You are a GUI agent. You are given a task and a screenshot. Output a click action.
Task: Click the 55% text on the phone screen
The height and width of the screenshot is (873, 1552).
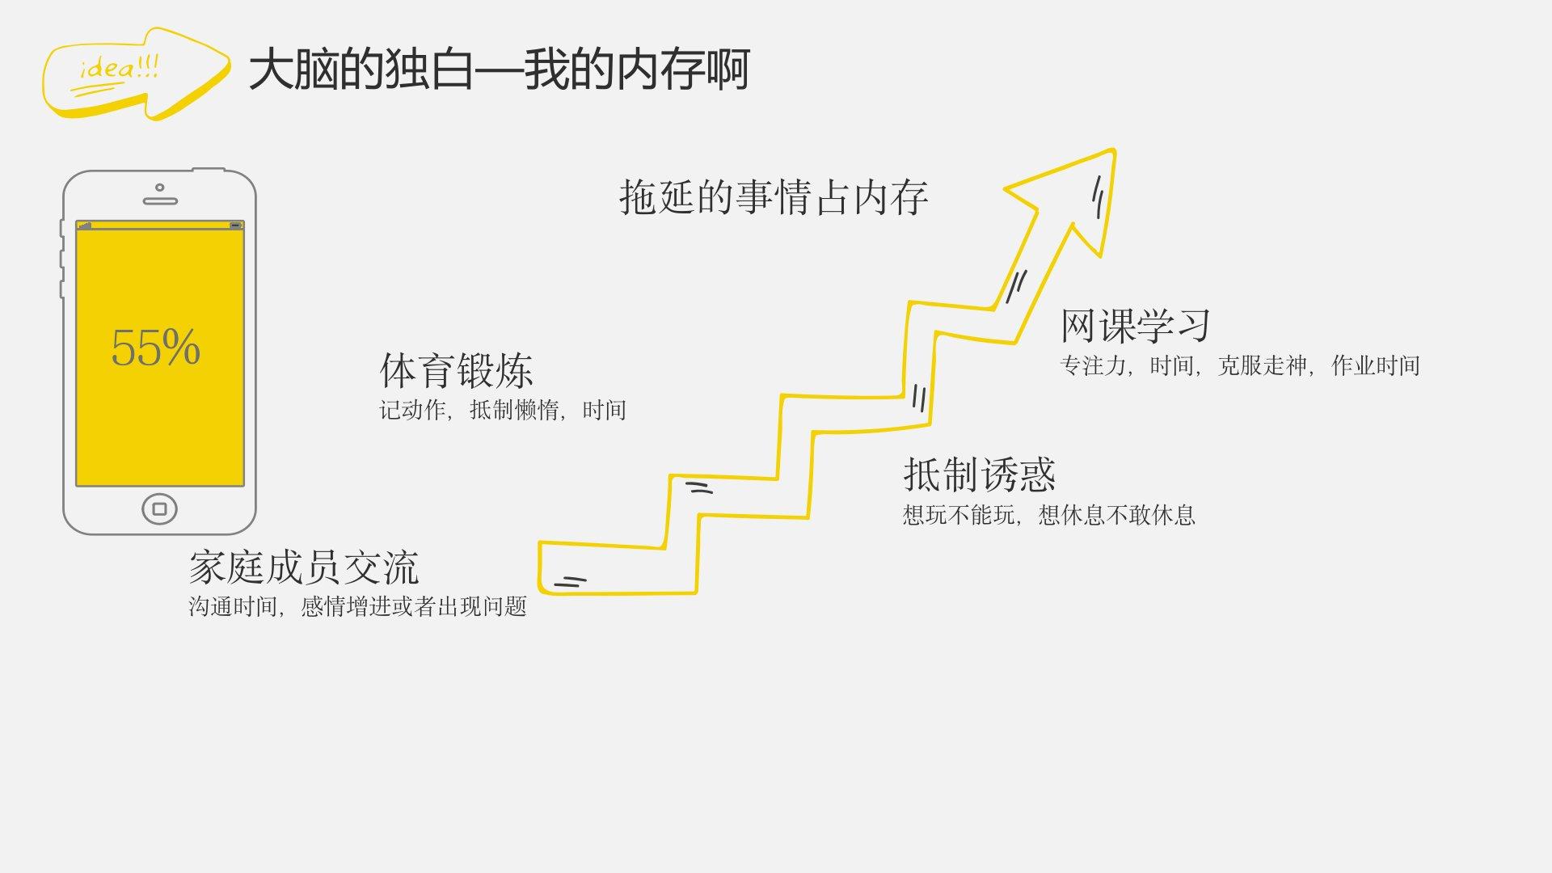[x=155, y=348]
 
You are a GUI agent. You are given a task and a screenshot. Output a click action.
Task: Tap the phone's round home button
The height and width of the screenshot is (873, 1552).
[x=159, y=508]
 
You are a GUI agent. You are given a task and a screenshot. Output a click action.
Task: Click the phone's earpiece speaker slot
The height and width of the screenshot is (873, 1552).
[x=159, y=200]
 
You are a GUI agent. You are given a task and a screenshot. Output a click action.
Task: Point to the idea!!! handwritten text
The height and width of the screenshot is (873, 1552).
[x=119, y=69]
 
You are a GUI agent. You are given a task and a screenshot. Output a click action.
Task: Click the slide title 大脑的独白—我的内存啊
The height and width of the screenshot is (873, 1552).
[x=499, y=70]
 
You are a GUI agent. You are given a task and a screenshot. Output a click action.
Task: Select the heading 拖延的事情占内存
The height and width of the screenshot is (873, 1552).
[x=774, y=198]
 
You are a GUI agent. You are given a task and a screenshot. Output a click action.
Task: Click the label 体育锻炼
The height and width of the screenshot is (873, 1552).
[x=456, y=371]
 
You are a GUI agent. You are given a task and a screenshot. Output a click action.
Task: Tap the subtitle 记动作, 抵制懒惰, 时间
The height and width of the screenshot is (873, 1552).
[x=503, y=411]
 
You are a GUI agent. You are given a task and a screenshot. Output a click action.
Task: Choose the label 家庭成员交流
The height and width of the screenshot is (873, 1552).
[x=304, y=567]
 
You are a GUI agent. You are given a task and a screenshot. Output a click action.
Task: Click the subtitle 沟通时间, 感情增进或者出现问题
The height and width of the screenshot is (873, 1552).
[x=357, y=606]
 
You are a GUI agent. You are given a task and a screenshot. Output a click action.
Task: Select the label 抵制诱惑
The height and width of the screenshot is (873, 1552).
[x=979, y=474]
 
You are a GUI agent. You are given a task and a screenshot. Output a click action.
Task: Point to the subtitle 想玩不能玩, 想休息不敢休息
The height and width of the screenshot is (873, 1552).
[x=1048, y=515]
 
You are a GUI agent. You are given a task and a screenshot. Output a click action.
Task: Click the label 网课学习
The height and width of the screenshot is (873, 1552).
[x=1135, y=326]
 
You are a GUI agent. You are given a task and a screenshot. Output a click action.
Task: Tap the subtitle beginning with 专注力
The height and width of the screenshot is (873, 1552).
[x=1239, y=366]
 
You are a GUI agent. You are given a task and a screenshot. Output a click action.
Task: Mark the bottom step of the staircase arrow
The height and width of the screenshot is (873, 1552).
[x=614, y=570]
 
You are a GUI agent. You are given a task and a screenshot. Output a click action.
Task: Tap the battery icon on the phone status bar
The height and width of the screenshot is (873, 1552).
[x=235, y=225]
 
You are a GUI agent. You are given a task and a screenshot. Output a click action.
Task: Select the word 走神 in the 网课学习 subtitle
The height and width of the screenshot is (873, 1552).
[x=1285, y=366]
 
